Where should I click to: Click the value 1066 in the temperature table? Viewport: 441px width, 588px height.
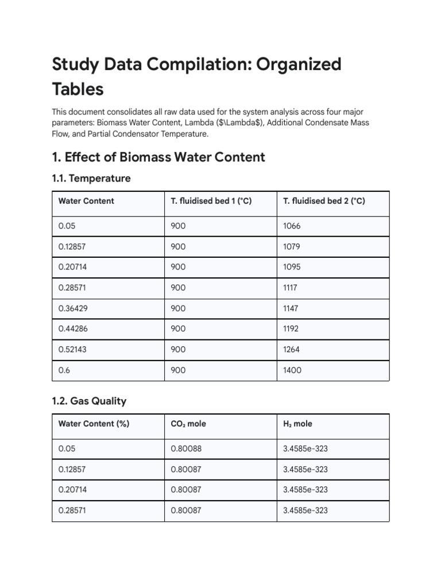point(292,226)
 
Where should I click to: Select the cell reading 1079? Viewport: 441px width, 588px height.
point(292,246)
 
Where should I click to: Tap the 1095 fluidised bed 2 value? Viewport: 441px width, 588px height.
point(292,267)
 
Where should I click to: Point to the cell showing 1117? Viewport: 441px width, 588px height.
point(291,288)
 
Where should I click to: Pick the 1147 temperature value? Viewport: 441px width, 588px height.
point(291,308)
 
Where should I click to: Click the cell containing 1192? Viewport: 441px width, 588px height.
point(291,329)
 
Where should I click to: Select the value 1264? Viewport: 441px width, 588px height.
point(292,350)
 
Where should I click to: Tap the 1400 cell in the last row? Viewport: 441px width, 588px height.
point(292,370)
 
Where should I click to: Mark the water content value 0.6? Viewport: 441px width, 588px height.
point(64,370)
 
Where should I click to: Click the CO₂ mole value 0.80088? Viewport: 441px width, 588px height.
point(186,448)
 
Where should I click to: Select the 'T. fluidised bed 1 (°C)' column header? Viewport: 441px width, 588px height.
point(211,201)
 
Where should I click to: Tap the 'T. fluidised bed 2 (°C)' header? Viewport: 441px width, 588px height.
point(324,201)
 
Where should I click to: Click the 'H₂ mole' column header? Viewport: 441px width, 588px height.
point(297,424)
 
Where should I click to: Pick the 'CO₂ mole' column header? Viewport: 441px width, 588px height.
point(188,424)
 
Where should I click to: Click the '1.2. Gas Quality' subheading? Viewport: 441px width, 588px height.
point(89,401)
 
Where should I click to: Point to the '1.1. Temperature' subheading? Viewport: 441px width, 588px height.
point(91,179)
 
